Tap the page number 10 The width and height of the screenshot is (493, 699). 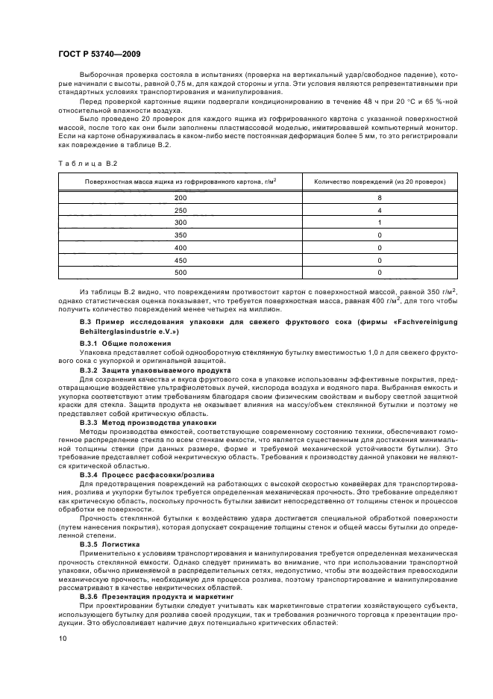tap(63, 638)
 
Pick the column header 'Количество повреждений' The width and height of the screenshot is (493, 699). tap(379, 181)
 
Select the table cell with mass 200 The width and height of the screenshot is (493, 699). tap(180, 198)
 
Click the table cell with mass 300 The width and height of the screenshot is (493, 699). tap(180, 223)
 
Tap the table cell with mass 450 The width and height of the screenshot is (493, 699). tap(180, 261)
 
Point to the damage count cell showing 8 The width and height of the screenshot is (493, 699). tap(379, 198)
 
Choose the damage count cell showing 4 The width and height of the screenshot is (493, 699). tap(379, 211)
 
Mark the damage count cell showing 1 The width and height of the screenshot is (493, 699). tap(379, 223)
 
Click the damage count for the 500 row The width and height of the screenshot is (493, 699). tap(379, 273)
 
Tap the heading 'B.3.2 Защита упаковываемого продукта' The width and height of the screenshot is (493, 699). tap(140, 370)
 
